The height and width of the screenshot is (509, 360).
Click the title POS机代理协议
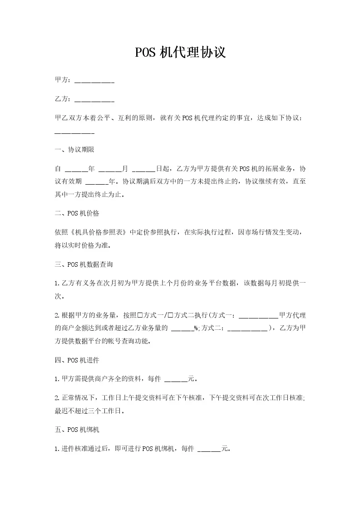pos(180,53)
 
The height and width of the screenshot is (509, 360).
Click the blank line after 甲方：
pos(94,81)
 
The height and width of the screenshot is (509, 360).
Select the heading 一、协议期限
pos(74,150)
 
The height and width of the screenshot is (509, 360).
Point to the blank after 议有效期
pos(97,182)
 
